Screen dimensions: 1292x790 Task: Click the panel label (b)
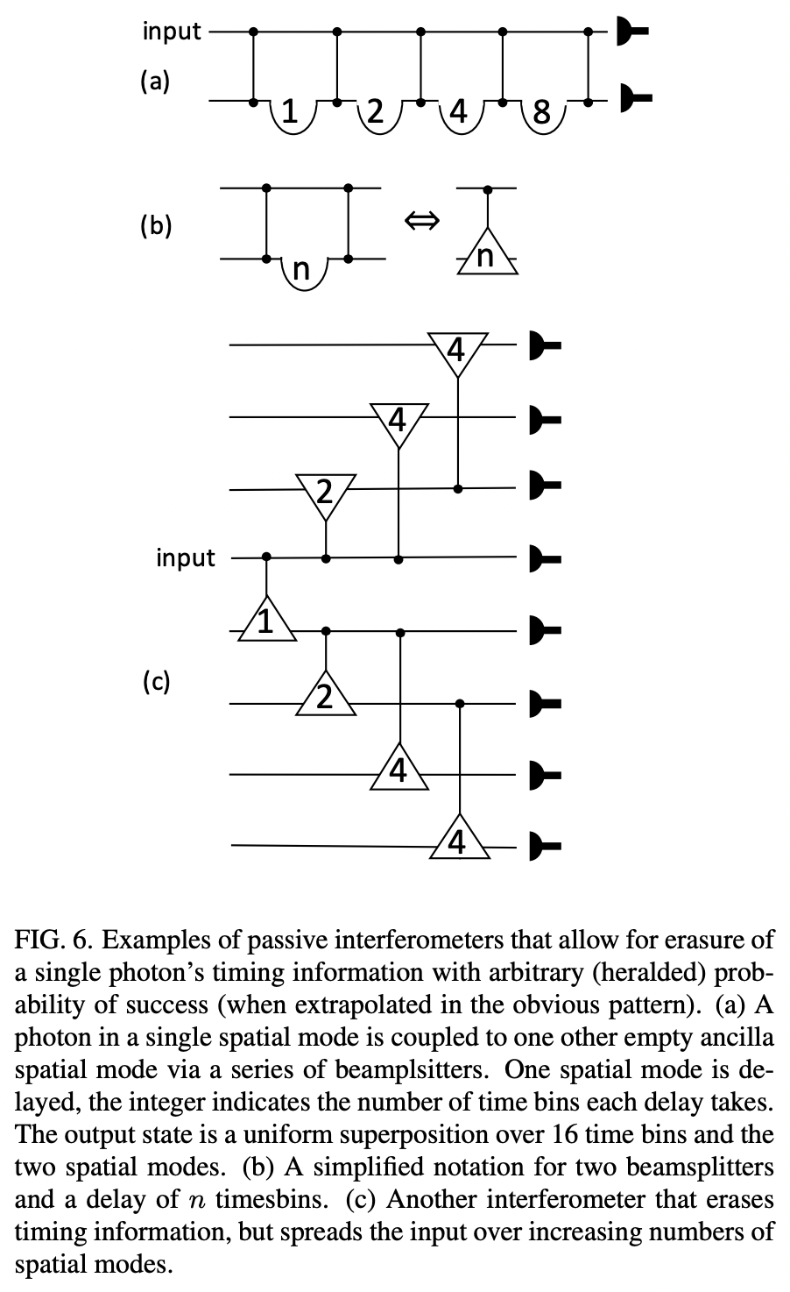(x=156, y=225)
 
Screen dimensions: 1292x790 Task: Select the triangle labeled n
(x=487, y=254)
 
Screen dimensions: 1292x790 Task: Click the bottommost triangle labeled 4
(x=456, y=840)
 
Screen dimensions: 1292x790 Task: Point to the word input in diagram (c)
(x=185, y=557)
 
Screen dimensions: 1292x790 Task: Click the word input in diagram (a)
(x=172, y=32)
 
